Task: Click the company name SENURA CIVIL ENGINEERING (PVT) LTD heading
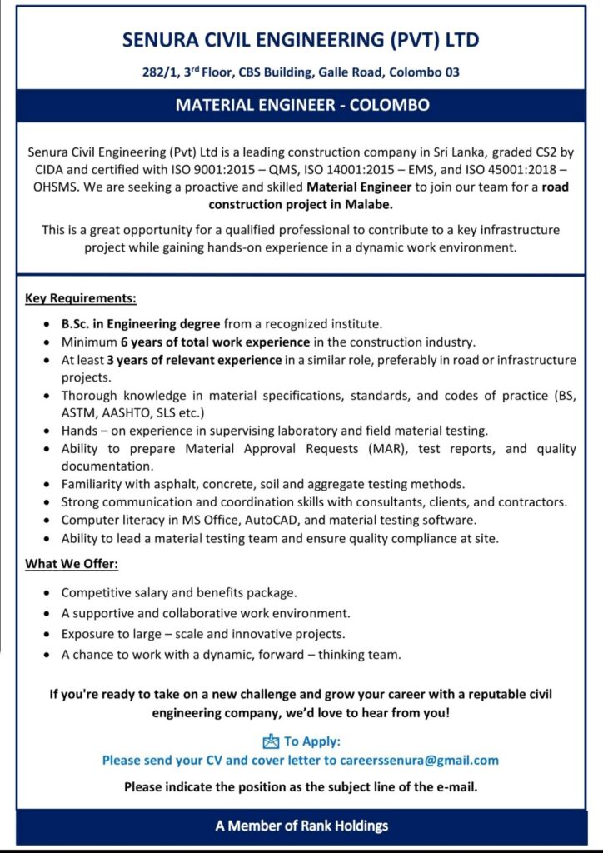tap(301, 40)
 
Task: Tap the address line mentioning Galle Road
tap(301, 72)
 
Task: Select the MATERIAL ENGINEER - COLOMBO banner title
tap(301, 106)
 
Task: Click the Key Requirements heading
tap(81, 298)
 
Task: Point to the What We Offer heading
tap(72, 564)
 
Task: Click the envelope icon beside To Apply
tap(271, 741)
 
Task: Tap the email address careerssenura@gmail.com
tap(418, 760)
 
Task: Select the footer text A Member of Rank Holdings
tap(301, 826)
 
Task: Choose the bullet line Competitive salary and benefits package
tap(179, 593)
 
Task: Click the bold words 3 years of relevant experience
tap(194, 360)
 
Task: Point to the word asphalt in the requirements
tap(171, 484)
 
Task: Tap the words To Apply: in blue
tap(312, 741)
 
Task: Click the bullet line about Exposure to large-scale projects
tap(202, 634)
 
